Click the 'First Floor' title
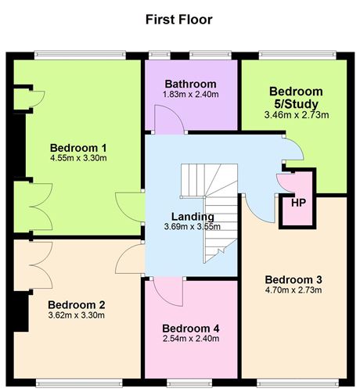tap(178, 19)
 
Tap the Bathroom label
tap(190, 84)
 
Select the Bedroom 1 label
tap(78, 147)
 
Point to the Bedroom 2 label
tap(77, 304)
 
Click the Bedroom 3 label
tap(293, 279)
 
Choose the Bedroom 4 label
tap(191, 328)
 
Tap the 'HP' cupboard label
tap(297, 203)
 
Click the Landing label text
tap(191, 217)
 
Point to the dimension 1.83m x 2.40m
tap(190, 95)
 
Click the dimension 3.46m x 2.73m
tap(296, 115)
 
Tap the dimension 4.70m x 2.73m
tap(293, 290)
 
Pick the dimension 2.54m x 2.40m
tap(191, 339)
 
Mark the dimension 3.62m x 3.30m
tap(77, 315)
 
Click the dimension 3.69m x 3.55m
tap(191, 227)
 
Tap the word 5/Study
tap(296, 103)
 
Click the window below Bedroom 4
tap(190, 383)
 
